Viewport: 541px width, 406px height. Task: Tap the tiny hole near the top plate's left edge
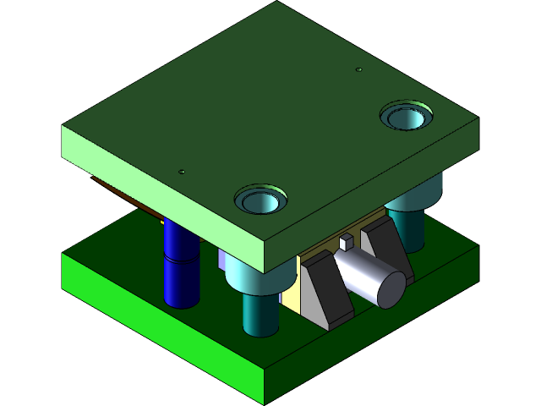[182, 172]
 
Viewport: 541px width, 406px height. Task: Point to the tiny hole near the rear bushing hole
[358, 69]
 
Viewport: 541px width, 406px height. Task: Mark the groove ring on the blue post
[180, 260]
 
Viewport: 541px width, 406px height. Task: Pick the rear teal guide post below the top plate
[408, 227]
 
